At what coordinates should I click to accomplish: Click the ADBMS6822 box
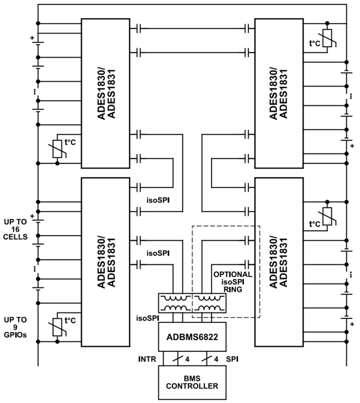[x=192, y=337]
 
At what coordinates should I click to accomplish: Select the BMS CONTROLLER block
[x=192, y=382]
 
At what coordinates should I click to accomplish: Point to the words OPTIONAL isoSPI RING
[x=233, y=281]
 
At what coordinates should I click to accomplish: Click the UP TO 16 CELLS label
[x=15, y=229]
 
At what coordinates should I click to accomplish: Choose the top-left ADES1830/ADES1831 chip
[x=105, y=93]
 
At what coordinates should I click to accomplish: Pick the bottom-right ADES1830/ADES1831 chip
[x=279, y=262]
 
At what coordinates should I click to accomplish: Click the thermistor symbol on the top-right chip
[x=327, y=38]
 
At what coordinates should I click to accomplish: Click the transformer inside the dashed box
[x=209, y=303]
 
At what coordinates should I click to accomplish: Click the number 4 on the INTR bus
[x=187, y=359]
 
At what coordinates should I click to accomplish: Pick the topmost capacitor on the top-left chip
[x=138, y=28]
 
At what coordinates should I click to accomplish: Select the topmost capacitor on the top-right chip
[x=247, y=28]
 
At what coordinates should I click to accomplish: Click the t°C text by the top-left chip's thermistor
[x=70, y=142]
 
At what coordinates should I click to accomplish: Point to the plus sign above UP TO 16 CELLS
[x=32, y=216]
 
